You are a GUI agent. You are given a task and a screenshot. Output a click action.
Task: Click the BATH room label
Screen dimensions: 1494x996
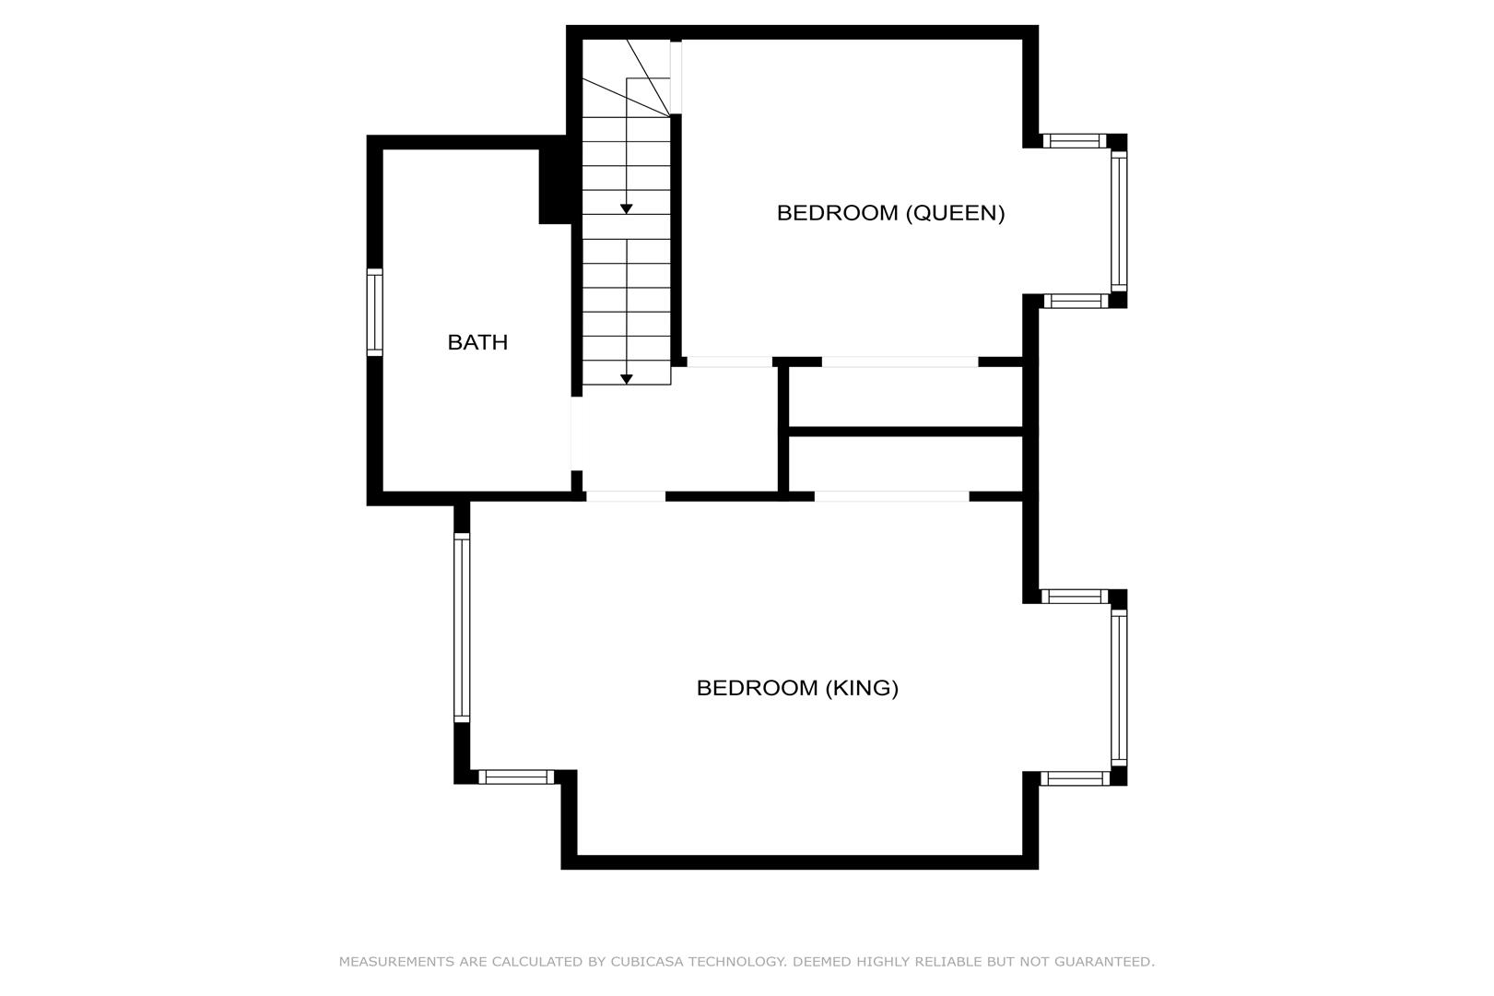[477, 342]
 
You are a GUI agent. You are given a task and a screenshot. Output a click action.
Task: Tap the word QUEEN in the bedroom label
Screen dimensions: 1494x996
[955, 213]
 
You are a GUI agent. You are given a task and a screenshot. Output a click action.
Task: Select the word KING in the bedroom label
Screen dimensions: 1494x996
[862, 688]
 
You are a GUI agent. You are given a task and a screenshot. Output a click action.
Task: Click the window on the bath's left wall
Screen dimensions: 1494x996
[375, 312]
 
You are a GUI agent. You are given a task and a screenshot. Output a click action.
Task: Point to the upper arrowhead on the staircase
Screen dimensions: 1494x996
[627, 209]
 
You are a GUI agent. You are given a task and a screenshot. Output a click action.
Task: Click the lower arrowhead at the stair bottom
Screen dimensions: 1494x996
[627, 379]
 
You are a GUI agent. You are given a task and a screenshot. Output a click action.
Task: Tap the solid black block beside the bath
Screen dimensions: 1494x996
[556, 186]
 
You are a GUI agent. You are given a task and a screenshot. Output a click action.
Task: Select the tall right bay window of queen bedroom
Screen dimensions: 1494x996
[1119, 221]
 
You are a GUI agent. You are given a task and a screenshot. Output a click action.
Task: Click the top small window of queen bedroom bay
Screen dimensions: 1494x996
[1075, 141]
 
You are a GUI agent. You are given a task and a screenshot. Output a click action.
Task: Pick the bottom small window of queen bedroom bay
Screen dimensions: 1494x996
[1076, 301]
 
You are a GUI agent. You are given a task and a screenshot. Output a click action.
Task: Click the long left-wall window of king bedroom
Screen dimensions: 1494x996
[462, 627]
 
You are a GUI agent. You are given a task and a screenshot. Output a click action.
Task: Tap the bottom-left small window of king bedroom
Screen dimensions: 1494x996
[516, 777]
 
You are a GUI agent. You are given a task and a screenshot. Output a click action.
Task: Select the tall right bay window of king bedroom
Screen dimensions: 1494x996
[1119, 688]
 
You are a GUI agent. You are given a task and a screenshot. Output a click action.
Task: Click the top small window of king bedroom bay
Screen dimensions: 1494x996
[1075, 596]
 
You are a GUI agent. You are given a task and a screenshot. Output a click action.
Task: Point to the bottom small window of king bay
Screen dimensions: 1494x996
[1075, 778]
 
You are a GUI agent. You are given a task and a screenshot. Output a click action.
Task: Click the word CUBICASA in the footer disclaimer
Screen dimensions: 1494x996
[647, 962]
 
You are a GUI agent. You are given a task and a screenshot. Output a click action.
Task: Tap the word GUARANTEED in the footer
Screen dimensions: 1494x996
[1104, 962]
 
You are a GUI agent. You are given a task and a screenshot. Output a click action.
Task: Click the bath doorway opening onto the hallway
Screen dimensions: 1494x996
[576, 434]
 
